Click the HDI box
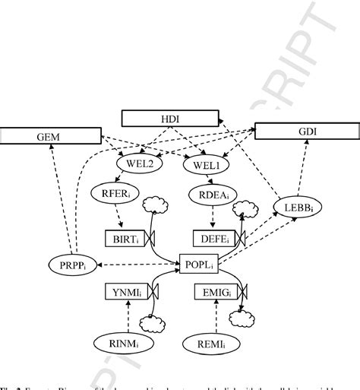[166, 119]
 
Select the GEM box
[50, 137]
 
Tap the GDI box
[305, 132]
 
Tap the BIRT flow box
[122, 237]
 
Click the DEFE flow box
[213, 238]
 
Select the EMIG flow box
[224, 291]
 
